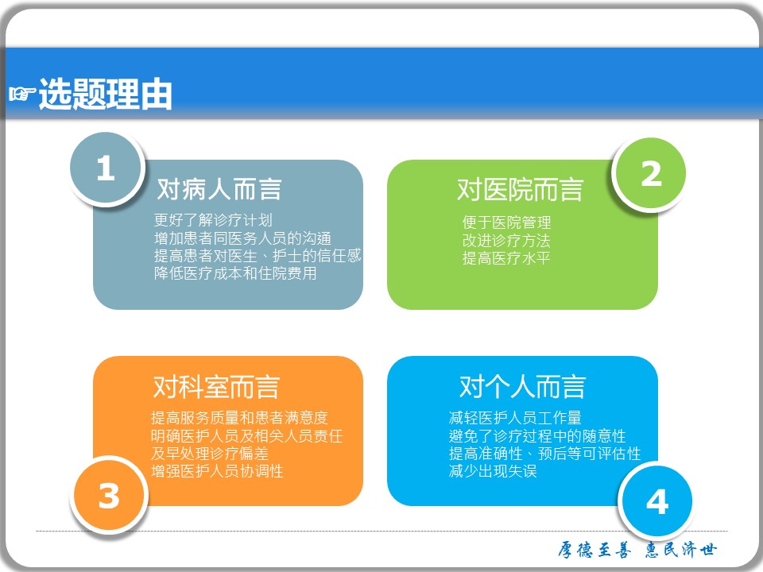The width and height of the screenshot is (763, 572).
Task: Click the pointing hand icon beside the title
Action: (x=22, y=93)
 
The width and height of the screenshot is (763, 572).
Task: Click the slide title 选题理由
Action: (x=106, y=94)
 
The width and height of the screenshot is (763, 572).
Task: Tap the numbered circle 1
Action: (x=106, y=168)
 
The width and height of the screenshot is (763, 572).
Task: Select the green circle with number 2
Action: (x=651, y=174)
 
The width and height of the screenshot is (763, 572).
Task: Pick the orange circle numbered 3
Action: (x=109, y=496)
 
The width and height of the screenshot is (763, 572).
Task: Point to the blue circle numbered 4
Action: (x=657, y=501)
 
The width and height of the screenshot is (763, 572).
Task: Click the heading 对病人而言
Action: (x=219, y=189)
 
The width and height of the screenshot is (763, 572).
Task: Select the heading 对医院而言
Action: (x=520, y=189)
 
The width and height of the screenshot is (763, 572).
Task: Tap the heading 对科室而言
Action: (x=216, y=387)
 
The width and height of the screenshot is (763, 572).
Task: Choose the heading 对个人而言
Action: (x=523, y=387)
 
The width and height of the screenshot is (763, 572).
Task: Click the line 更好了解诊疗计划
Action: (x=213, y=220)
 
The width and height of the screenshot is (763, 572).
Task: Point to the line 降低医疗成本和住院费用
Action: (x=235, y=273)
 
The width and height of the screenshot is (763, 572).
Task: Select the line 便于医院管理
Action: (x=506, y=222)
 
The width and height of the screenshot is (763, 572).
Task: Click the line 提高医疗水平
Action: (x=506, y=257)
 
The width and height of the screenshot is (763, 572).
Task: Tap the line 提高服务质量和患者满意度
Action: (x=239, y=417)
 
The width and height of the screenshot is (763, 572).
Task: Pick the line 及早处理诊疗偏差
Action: (x=210, y=454)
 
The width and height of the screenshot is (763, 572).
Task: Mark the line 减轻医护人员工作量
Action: (x=515, y=417)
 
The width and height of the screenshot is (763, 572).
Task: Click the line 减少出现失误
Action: (x=493, y=471)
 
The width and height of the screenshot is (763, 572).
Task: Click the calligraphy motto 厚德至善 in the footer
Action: (x=595, y=550)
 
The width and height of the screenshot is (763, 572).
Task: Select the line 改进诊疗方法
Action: (x=506, y=240)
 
